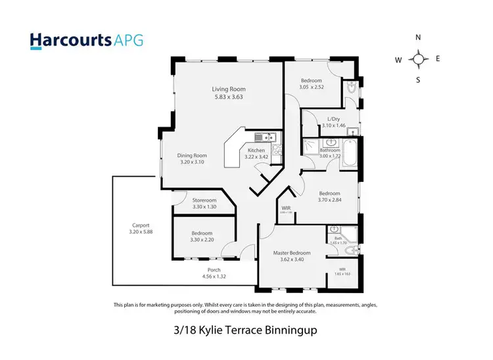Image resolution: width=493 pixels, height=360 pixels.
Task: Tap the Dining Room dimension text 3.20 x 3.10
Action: pyautogui.click(x=192, y=162)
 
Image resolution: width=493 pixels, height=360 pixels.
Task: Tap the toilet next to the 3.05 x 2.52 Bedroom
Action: pyautogui.click(x=350, y=88)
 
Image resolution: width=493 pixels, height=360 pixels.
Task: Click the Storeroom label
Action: pyautogui.click(x=204, y=200)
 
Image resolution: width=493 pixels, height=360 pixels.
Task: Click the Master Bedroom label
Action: pyautogui.click(x=292, y=252)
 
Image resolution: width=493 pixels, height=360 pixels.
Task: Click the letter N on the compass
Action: pyautogui.click(x=418, y=37)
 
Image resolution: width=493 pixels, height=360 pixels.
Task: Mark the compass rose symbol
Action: pyautogui.click(x=418, y=59)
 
